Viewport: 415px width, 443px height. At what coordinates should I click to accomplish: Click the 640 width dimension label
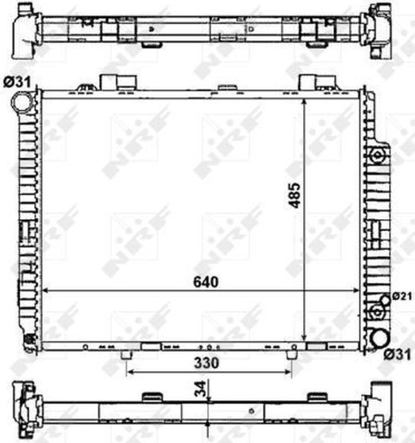pyautogui.click(x=206, y=282)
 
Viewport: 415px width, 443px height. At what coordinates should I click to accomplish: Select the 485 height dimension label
pyautogui.click(x=295, y=196)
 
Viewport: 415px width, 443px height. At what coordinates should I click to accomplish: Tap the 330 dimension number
pyautogui.click(x=206, y=363)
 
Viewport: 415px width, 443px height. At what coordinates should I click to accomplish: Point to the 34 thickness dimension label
pyautogui.click(x=201, y=389)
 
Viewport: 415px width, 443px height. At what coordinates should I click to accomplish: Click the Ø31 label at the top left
pyautogui.click(x=17, y=82)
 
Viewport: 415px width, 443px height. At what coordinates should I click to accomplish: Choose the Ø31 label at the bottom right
pyautogui.click(x=398, y=354)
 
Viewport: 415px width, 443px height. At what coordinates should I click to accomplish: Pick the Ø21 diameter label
pyautogui.click(x=402, y=296)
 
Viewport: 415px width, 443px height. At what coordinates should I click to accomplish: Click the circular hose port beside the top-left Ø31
pyautogui.click(x=22, y=102)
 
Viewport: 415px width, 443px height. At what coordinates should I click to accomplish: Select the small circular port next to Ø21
pyautogui.click(x=386, y=300)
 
